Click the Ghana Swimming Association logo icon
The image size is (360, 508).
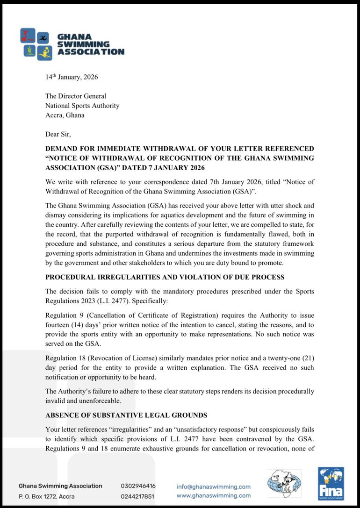coord(36,44)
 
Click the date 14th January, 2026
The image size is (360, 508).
coord(72,77)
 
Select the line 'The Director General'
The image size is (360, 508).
coord(76,96)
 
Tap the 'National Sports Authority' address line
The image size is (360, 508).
coord(82,106)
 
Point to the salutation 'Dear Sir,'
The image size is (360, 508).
coord(58,134)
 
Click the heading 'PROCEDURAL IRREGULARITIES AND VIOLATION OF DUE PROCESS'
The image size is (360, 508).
coord(165,277)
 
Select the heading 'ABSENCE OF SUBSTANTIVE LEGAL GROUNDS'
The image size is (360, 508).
coord(126,415)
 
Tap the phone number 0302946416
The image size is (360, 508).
coord(138,486)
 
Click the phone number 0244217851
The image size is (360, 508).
coord(138,496)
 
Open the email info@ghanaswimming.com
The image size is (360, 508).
coord(213,487)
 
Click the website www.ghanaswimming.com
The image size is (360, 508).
coord(213,495)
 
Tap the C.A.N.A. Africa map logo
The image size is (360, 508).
coord(284,483)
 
